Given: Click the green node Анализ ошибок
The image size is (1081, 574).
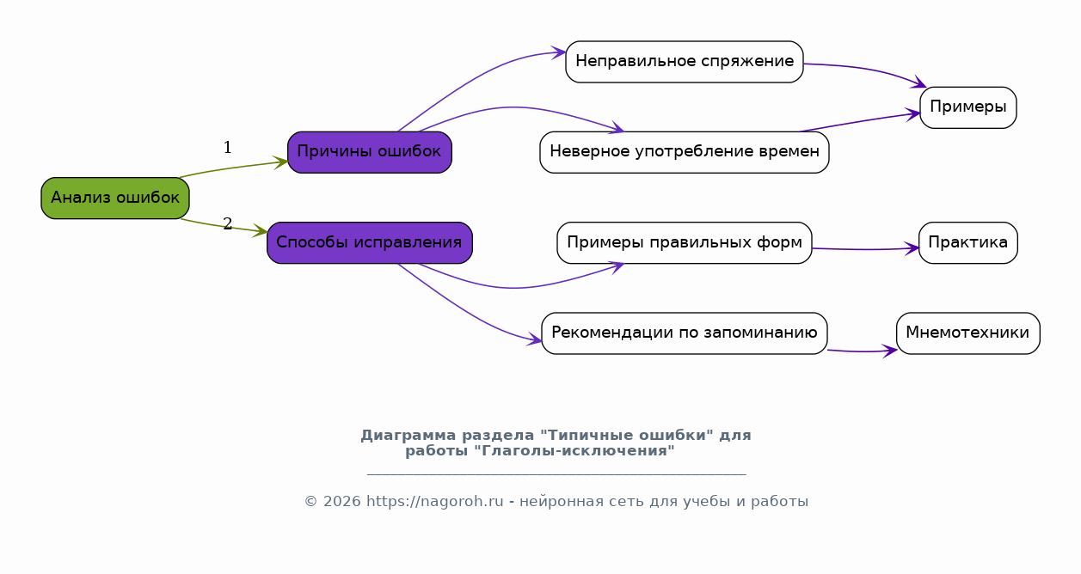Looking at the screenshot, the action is (115, 198).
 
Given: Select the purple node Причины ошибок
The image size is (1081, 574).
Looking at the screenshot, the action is (370, 152).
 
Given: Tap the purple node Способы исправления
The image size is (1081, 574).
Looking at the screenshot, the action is (370, 242).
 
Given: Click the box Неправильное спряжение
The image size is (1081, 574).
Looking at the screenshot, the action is (685, 62).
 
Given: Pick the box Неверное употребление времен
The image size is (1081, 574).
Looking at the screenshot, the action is (685, 152).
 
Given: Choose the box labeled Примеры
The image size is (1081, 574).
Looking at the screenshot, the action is (968, 107).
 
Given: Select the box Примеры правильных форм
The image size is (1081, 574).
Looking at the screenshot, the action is (685, 242).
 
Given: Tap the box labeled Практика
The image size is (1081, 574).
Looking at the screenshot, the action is (968, 242).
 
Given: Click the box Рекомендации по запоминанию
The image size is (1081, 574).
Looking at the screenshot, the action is (685, 333).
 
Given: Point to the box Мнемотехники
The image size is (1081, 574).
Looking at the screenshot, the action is (968, 333).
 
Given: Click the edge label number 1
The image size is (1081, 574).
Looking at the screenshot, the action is (228, 147).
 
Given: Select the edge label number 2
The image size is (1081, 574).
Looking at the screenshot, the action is (228, 223).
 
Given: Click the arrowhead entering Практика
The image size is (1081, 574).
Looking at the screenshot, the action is (912, 249).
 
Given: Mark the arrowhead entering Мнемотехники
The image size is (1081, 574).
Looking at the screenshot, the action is (890, 351).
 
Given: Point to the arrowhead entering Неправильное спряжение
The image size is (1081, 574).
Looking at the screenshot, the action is (559, 52).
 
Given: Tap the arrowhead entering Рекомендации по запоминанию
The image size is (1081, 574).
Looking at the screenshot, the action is (534, 339).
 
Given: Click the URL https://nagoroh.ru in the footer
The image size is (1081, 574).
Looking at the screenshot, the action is (435, 502).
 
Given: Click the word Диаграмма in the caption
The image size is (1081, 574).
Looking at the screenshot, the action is (408, 436).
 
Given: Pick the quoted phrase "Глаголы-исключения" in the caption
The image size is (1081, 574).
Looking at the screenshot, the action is (574, 451).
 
